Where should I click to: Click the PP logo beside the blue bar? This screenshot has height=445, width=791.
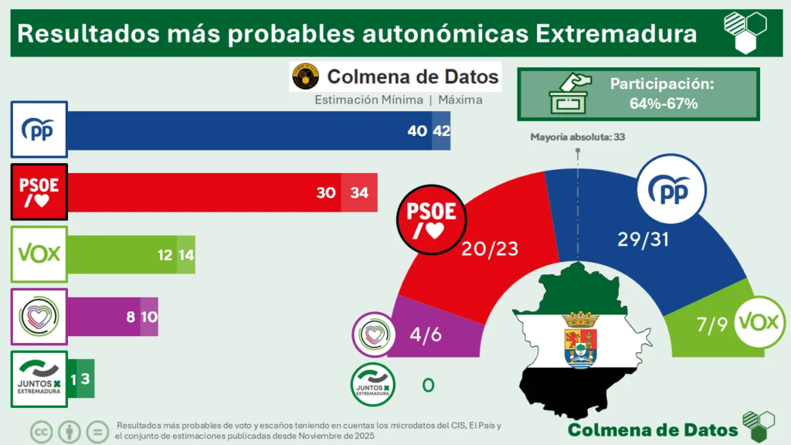tap(39, 130)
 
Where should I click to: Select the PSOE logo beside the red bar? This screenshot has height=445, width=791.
tap(39, 191)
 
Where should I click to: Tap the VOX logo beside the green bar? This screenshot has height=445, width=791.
tap(39, 254)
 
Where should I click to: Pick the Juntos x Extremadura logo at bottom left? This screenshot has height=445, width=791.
tap(39, 379)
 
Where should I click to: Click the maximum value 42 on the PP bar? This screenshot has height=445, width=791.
tap(442, 131)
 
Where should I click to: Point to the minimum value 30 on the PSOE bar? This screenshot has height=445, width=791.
tap(326, 192)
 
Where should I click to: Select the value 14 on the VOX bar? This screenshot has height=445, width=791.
tap(186, 255)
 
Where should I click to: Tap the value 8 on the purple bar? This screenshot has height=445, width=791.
tap(130, 317)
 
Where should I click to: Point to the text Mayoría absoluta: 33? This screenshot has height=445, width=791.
tap(578, 137)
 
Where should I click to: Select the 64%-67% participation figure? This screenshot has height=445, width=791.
tap(662, 104)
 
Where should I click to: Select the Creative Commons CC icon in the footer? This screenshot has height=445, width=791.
tap(41, 431)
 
